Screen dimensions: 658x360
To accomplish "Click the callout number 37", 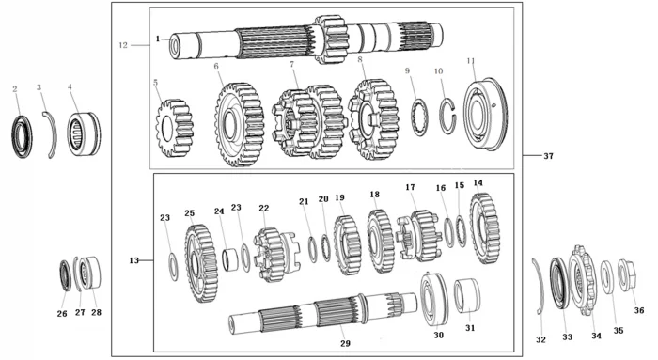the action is click(548, 156).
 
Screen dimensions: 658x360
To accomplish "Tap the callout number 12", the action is click(123, 45).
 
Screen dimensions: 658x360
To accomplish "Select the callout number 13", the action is click(133, 260).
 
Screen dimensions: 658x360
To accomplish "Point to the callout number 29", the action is click(345, 344).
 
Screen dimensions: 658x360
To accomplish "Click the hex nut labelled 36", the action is click(628, 275).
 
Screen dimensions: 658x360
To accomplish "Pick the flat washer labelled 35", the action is click(607, 277).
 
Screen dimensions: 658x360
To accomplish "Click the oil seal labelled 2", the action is click(22, 136).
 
